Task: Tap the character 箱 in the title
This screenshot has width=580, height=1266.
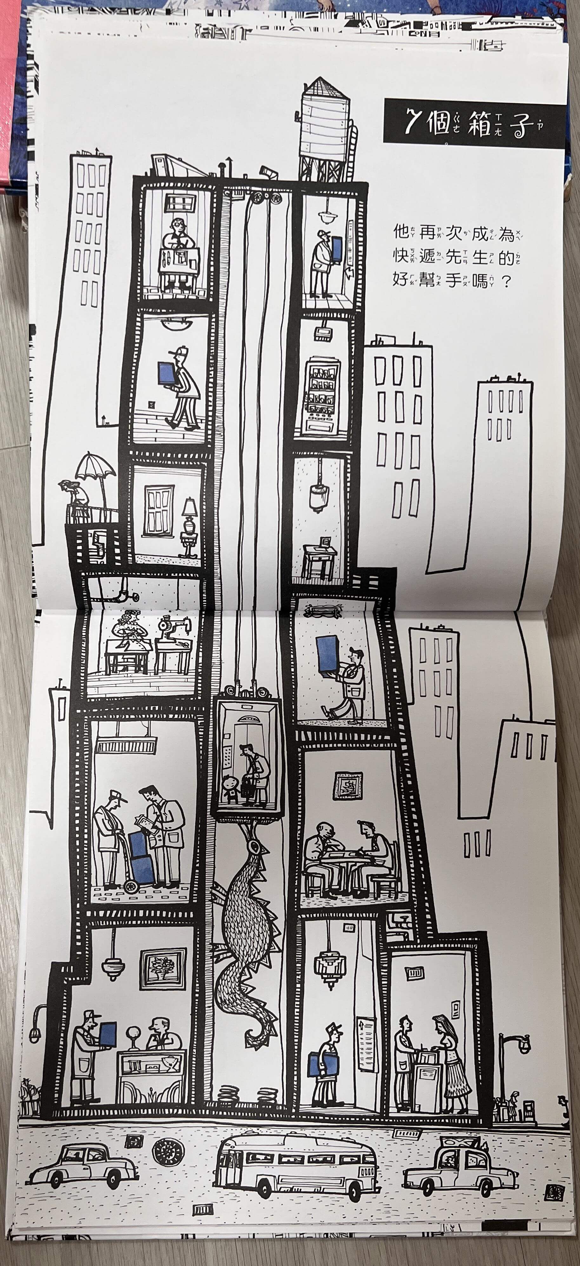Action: click(x=479, y=123)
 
